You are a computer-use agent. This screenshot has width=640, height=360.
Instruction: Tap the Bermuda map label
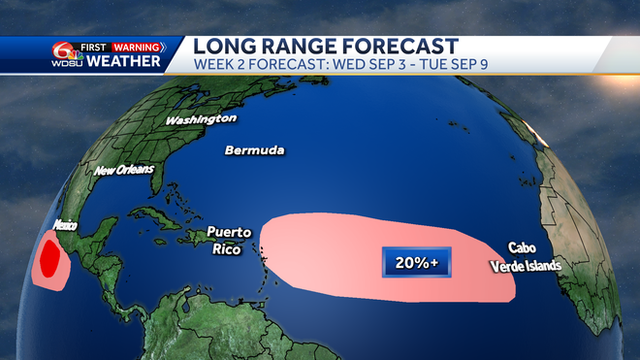254,150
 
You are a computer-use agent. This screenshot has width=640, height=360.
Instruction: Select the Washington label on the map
201,119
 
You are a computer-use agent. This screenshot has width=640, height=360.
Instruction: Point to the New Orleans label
123,171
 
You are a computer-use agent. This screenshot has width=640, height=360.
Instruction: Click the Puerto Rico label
229,241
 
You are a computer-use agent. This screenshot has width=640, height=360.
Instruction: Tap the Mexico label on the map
64,225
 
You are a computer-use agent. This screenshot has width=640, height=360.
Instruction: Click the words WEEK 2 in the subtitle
218,65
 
